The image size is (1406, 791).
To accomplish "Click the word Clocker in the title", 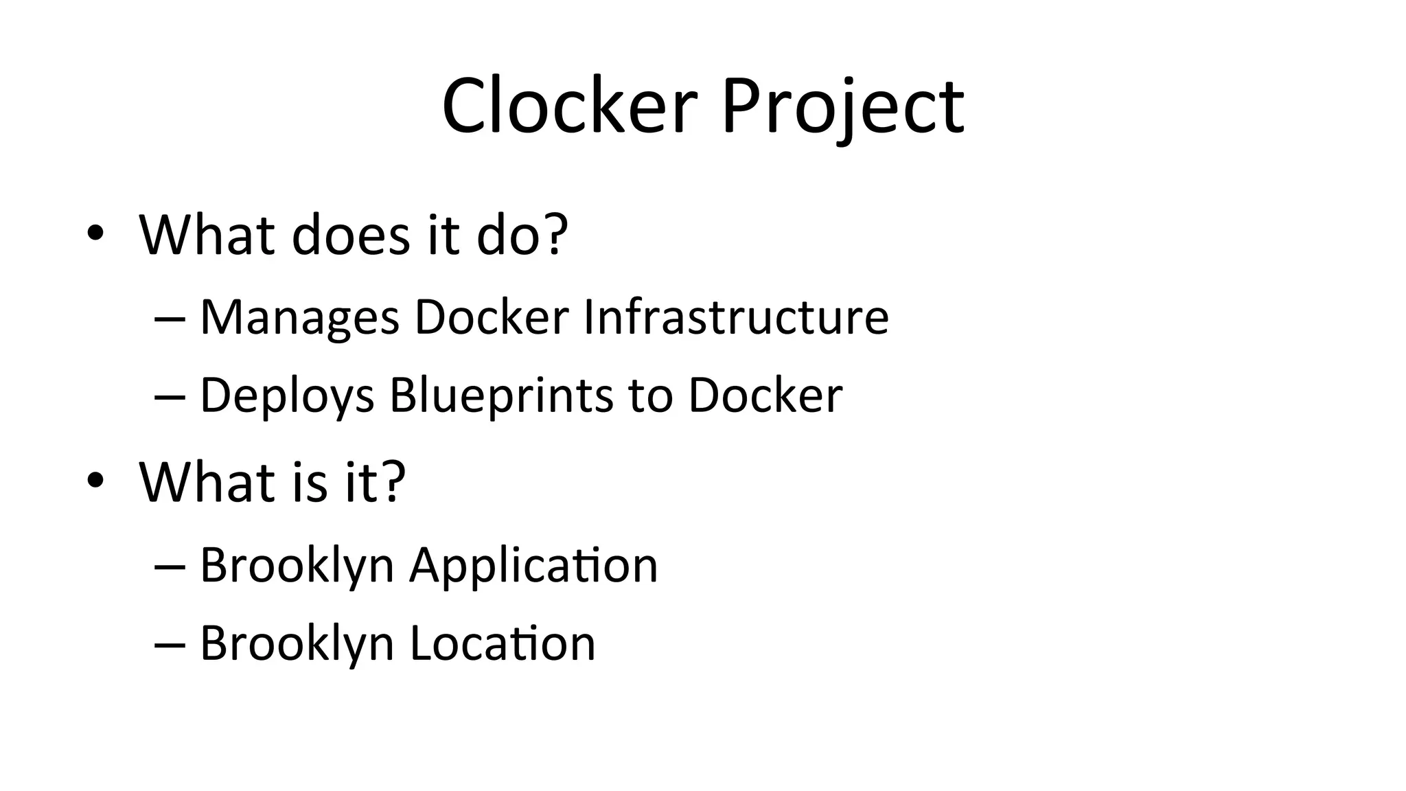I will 570,106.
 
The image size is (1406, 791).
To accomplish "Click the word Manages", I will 299,318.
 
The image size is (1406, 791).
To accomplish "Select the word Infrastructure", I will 735,317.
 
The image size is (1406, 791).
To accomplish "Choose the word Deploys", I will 287,396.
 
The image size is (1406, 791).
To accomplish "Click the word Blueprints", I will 501,396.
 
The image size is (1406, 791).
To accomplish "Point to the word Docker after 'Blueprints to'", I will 765,395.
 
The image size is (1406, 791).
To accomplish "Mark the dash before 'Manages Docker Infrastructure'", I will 170,319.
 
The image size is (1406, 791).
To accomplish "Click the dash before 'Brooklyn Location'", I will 170,644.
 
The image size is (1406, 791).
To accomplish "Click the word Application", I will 533,566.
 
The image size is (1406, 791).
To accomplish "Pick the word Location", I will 503,643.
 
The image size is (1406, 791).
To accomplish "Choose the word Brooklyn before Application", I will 297,566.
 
